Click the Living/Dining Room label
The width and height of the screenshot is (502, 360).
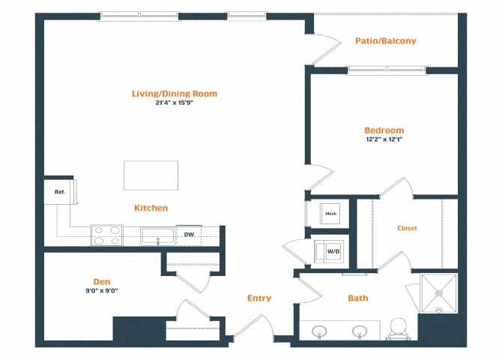point(175,94)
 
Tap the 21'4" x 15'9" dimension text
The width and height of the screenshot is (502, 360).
point(175,103)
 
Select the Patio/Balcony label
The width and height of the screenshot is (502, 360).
point(385,41)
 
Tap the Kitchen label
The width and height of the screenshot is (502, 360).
point(151,208)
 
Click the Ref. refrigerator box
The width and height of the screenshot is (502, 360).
point(60,192)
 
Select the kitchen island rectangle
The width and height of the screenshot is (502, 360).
point(151,175)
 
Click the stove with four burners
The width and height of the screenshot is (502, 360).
point(106,235)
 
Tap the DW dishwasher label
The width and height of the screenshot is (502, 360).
point(190,235)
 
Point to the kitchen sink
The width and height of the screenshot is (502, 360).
point(159,235)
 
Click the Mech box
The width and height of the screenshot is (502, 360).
point(330,214)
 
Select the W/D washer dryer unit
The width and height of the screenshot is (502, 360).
point(330,250)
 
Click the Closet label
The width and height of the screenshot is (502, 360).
point(407,228)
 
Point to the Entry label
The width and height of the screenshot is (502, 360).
point(259,298)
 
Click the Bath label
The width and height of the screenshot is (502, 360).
point(358,298)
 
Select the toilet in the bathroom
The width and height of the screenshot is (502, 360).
point(397,328)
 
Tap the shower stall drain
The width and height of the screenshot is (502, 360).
point(438,294)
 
